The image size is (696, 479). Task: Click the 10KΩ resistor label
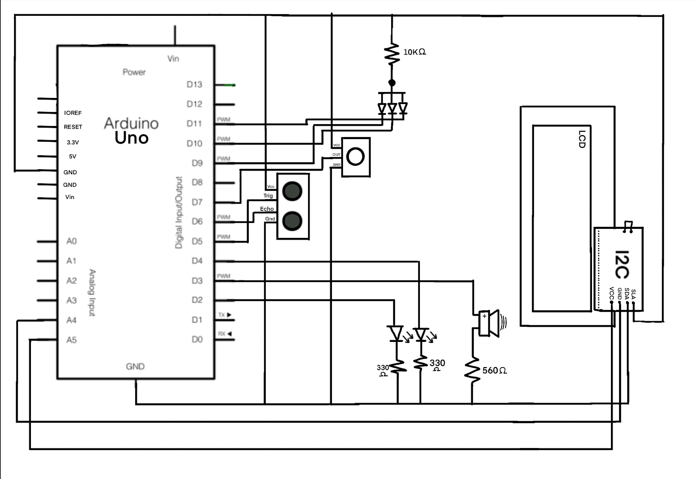[414, 52]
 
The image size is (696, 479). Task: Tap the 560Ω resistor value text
[494, 371]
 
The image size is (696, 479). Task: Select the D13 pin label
[194, 84]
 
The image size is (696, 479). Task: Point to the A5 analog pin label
[72, 340]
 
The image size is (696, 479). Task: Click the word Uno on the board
[131, 138]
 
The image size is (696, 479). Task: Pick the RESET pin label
[73, 127]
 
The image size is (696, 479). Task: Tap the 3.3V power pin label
[72, 142]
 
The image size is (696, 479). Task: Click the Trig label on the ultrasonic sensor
[268, 196]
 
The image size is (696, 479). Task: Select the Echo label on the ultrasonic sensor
[267, 209]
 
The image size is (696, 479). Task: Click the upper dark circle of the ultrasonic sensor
[292, 191]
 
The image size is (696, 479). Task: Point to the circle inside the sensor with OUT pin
[355, 157]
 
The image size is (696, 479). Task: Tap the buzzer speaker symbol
[490, 324]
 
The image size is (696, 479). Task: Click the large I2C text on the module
[622, 265]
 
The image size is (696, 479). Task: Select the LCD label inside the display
[582, 139]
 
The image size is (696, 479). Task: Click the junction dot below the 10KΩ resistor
[392, 83]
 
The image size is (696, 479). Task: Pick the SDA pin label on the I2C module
[627, 294]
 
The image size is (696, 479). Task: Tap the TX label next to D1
[222, 315]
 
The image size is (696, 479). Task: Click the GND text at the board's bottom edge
[135, 366]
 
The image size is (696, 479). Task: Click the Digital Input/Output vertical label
[179, 212]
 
